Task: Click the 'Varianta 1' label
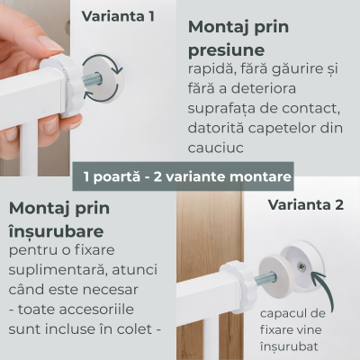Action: click(118, 16)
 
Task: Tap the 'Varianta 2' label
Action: click(306, 205)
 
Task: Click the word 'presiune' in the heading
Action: click(226, 50)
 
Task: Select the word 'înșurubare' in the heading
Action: click(57, 231)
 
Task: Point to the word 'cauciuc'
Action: click(215, 148)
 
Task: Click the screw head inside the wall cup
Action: click(301, 265)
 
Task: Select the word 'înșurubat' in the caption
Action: click(289, 346)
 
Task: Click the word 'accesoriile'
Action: click(96, 310)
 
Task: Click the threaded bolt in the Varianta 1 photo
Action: click(92, 81)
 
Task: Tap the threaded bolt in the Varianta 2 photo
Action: click(265, 280)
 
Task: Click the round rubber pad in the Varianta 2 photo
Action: click(276, 274)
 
